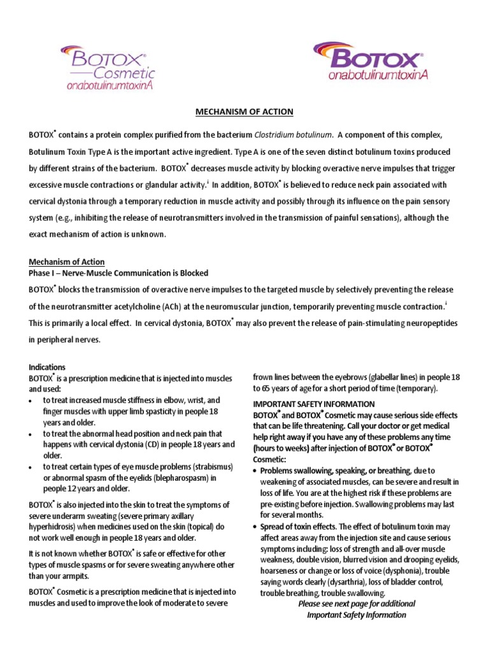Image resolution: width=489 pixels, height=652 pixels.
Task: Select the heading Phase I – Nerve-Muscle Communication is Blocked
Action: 118,273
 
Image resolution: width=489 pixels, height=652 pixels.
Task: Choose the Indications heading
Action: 47,367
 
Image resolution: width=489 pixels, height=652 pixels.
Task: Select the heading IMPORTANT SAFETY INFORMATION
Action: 314,404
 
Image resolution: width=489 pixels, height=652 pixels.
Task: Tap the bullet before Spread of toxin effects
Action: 256,527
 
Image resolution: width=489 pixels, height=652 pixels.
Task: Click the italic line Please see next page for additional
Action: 356,604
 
